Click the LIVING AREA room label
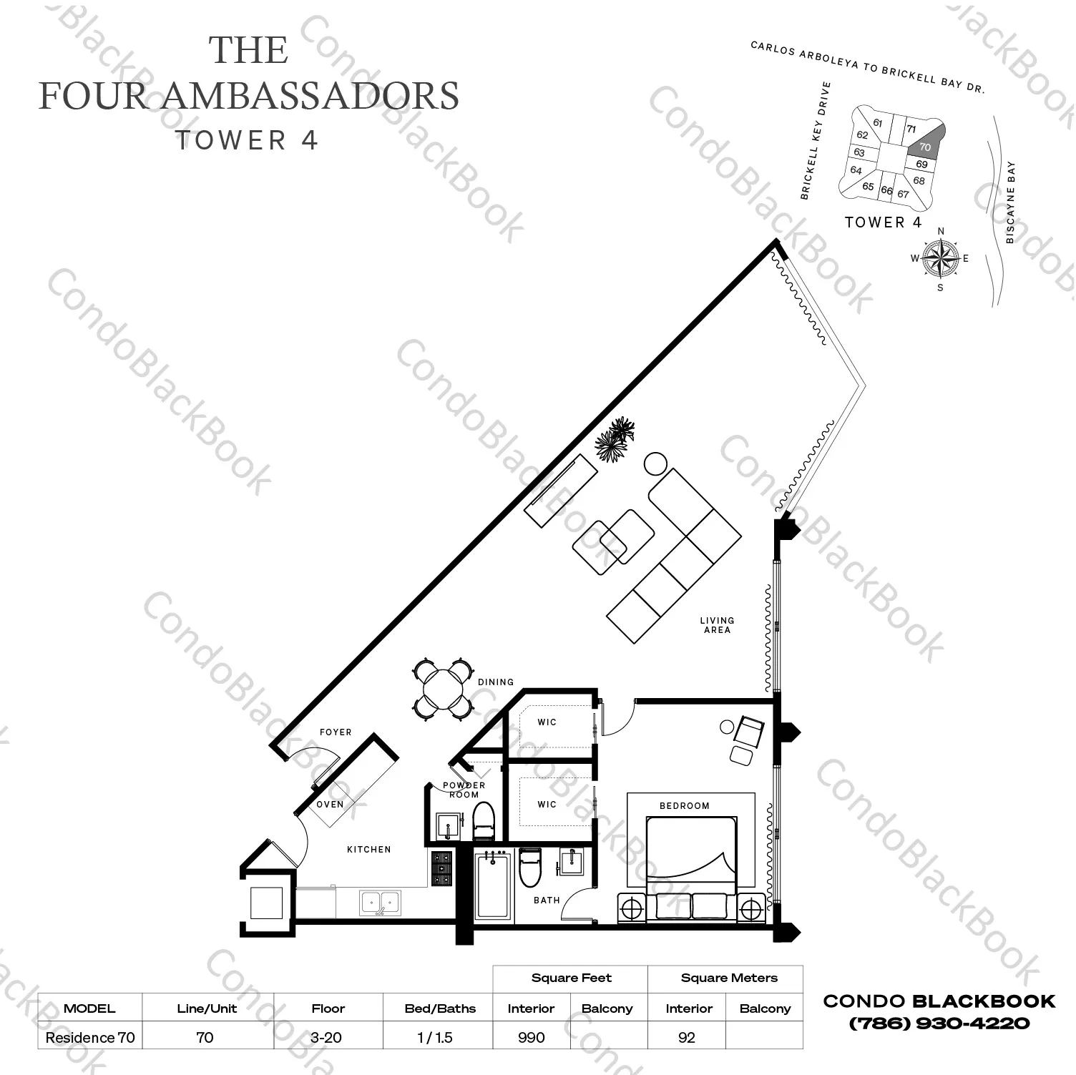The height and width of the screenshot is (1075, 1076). coord(717,625)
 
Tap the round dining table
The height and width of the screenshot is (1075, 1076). coord(443,688)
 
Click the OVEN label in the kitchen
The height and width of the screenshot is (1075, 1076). coord(330,804)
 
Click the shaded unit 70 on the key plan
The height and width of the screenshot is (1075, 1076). coord(926,144)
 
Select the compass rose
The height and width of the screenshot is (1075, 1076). coord(940,258)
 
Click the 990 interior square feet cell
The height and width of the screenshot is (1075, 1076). coord(531,1037)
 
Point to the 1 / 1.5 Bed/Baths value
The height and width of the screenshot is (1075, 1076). coord(435,1037)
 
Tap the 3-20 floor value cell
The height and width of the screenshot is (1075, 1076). coord(326,1037)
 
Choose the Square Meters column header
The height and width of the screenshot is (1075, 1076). coord(728,978)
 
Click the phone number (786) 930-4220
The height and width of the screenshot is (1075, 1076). coord(939,1024)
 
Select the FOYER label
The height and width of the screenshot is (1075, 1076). coord(336,732)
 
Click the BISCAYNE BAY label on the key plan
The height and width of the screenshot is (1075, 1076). coord(1010,202)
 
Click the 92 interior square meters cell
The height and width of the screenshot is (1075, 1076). coord(687,1037)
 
